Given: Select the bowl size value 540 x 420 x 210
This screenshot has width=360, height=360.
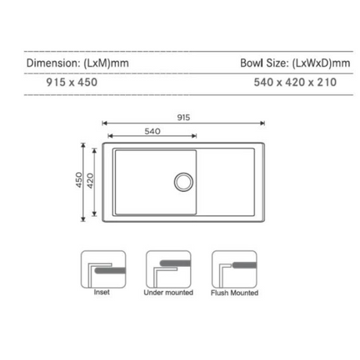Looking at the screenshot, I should click(295, 80).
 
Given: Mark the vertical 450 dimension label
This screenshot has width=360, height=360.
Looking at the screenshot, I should click(79, 182).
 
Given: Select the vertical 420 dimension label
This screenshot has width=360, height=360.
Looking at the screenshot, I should click(92, 182).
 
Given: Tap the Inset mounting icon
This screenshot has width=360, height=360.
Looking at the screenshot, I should click(103, 269).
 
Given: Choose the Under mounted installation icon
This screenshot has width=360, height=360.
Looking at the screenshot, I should click(168, 269).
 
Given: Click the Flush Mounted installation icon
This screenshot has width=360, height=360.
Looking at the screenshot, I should click(234, 269).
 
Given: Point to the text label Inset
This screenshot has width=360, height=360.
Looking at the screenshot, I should click(103, 294).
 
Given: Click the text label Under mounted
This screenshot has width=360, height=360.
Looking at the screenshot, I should click(168, 294).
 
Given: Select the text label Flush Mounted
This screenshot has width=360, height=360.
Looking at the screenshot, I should click(234, 294).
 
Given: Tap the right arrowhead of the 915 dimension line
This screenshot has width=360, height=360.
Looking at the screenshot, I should click(263, 123).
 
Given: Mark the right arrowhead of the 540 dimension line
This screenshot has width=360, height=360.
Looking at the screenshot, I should click(196, 136).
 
